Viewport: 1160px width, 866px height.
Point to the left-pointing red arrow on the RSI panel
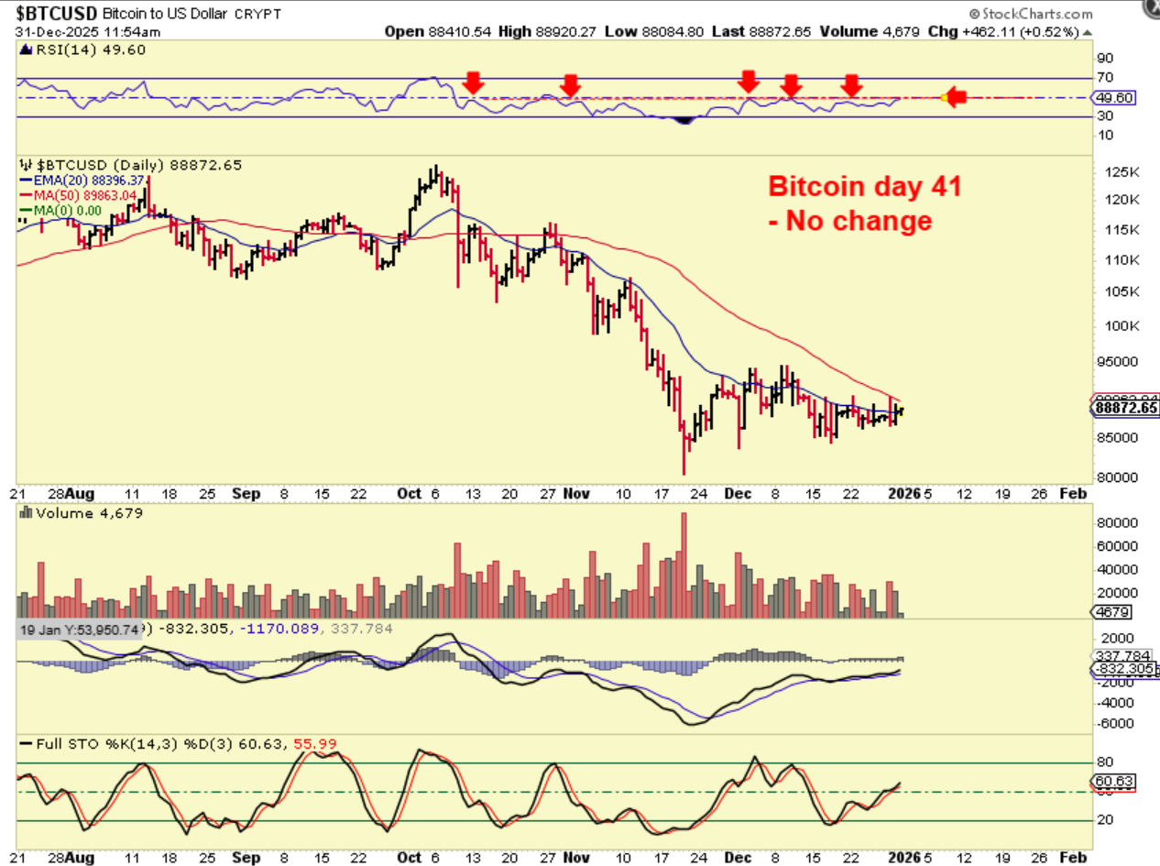click(955, 97)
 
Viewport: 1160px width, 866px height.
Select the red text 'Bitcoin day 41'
click(864, 187)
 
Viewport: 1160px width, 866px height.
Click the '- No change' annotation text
click(849, 221)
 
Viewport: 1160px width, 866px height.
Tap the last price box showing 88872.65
click(1124, 408)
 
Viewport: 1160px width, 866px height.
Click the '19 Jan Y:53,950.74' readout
click(79, 630)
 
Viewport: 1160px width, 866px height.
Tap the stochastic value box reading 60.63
click(1111, 782)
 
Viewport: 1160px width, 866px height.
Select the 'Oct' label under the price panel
click(410, 494)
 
